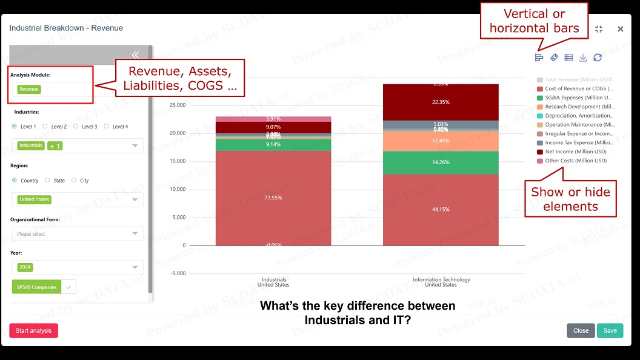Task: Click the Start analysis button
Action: (33, 331)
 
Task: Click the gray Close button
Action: (581, 331)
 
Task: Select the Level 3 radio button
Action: (76, 127)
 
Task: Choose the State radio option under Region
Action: (47, 181)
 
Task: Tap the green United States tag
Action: (34, 199)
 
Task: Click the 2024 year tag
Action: (25, 267)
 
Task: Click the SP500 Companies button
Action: (36, 287)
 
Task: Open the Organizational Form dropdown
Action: (78, 234)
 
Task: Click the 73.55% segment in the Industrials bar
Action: (273, 198)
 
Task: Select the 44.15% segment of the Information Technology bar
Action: (441, 210)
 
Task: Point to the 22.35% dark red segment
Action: (441, 102)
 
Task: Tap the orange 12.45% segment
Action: (441, 141)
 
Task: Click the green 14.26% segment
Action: (441, 162)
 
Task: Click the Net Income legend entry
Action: (575, 152)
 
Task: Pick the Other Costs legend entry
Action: (575, 161)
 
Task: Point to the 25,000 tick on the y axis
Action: (177, 105)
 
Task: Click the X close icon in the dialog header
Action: (620, 29)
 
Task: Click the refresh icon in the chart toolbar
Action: (598, 58)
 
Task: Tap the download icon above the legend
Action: (583, 58)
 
